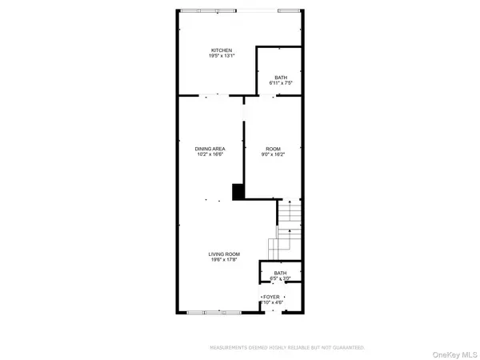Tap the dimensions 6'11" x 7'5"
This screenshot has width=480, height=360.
(x=280, y=82)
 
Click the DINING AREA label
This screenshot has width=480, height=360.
(x=210, y=149)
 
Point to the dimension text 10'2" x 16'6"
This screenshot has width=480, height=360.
(x=210, y=155)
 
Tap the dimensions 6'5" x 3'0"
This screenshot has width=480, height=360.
(x=280, y=279)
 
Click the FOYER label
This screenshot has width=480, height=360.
(x=274, y=295)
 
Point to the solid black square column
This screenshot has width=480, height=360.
(x=238, y=192)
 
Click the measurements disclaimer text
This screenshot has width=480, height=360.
(x=286, y=348)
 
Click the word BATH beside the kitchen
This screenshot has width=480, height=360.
(x=280, y=75)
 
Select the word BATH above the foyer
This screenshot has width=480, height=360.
(x=280, y=273)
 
